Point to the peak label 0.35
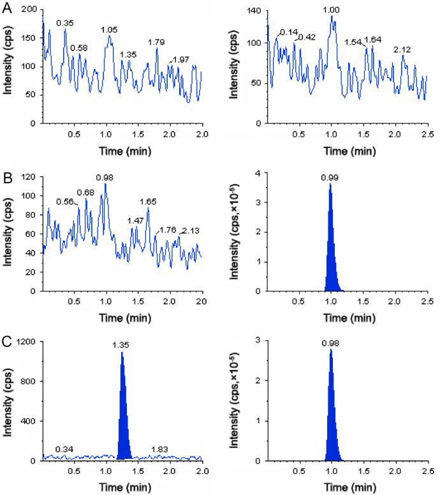tap(64, 23)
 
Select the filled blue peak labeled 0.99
tap(330, 255)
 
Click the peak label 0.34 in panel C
tap(63, 450)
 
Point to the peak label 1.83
tap(159, 450)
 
